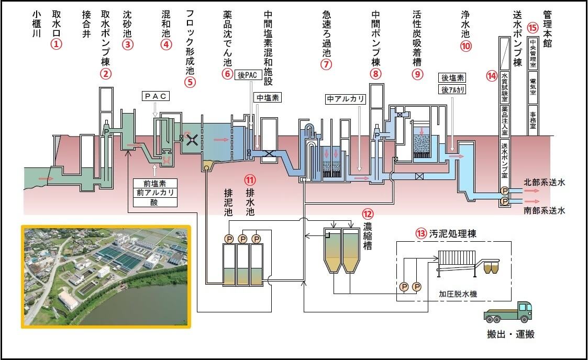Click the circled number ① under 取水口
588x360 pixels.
pyautogui.click(x=56, y=44)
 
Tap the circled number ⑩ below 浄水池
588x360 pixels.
pyautogui.click(x=465, y=46)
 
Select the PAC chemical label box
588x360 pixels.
pyautogui.click(x=156, y=96)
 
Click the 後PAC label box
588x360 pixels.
pyautogui.click(x=248, y=75)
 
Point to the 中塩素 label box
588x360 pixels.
pyautogui.click(x=268, y=98)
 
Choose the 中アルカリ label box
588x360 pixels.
pyautogui.click(x=346, y=99)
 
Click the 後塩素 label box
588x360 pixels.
pyautogui.click(x=452, y=78)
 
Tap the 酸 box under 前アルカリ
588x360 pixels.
pyautogui.click(x=155, y=203)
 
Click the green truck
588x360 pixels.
pyautogui.click(x=508, y=312)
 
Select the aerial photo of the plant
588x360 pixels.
pyautogui.click(x=106, y=276)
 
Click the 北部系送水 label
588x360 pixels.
pyautogui.click(x=544, y=183)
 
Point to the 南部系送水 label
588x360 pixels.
pyautogui.click(x=544, y=210)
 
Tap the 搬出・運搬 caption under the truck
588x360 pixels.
pyautogui.click(x=511, y=334)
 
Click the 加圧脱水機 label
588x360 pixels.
pyautogui.click(x=458, y=294)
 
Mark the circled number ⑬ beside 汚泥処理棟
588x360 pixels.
pyautogui.click(x=421, y=234)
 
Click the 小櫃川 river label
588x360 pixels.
pyautogui.click(x=36, y=24)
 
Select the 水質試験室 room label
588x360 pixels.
pyautogui.click(x=505, y=87)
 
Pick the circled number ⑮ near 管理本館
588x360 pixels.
pyautogui.click(x=532, y=28)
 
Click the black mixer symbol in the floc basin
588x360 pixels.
pyautogui.click(x=192, y=140)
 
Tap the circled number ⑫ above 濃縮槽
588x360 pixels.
pyautogui.click(x=368, y=214)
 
